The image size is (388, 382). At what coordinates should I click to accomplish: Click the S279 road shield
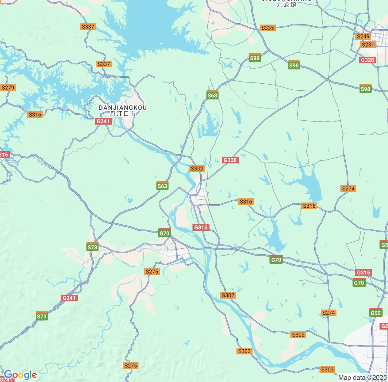pyautogui.click(x=8, y=88)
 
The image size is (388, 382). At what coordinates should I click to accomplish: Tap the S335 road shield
pyautogui.click(x=267, y=28)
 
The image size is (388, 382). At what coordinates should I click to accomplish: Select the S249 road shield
pyautogui.click(x=363, y=36)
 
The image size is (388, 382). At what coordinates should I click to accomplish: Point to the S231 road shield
pyautogui.click(x=368, y=45)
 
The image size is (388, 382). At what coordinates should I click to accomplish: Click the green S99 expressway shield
pyautogui.click(x=255, y=58)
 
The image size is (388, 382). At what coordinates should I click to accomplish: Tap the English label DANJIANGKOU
pyautogui.click(x=123, y=108)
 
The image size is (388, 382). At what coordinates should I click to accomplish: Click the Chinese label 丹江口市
pyautogui.click(x=123, y=114)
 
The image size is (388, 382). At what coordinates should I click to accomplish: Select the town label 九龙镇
pyautogui.click(x=286, y=5)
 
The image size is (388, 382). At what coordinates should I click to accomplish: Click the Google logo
pyautogui.click(x=20, y=375)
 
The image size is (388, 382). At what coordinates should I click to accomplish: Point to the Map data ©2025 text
pyautogui.click(x=363, y=378)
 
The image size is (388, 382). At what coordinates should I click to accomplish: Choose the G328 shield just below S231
pyautogui.click(x=367, y=60)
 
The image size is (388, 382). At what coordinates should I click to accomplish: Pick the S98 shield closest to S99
pyautogui.click(x=294, y=65)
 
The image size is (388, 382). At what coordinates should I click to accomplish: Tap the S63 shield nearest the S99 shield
pyautogui.click(x=212, y=95)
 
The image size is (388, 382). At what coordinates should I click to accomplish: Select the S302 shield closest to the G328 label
pyautogui.click(x=197, y=169)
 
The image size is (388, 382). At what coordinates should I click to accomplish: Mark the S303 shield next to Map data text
pyautogui.click(x=327, y=370)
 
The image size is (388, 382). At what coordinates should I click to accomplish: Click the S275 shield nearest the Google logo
pyautogui.click(x=131, y=366)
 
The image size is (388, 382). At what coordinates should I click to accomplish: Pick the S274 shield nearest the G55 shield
pyautogui.click(x=329, y=313)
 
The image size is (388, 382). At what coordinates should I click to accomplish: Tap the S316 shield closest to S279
pyautogui.click(x=35, y=115)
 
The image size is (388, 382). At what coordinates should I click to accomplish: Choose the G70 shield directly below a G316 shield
pyautogui.click(x=359, y=283)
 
